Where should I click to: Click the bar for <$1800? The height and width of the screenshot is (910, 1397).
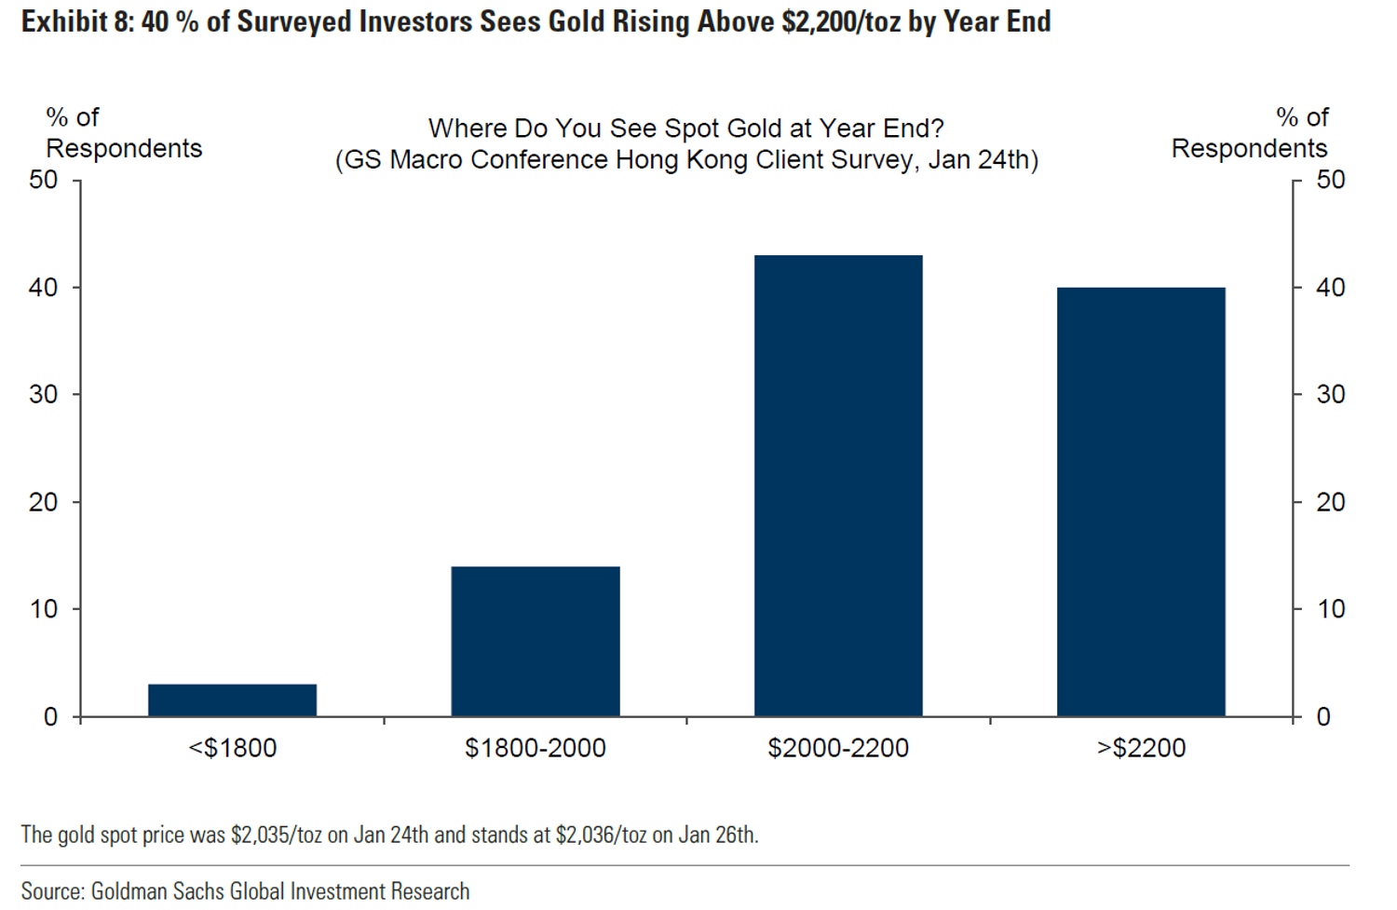point(232,700)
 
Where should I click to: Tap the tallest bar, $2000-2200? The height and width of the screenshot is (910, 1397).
point(838,485)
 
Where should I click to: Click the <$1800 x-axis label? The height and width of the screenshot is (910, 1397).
point(232,748)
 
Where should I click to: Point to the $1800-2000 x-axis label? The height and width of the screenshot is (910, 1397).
point(536,748)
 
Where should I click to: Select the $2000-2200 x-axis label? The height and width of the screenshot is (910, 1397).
point(838,748)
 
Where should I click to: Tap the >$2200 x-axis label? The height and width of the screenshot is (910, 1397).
point(1141,748)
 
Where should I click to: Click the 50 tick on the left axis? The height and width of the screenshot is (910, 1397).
point(44,180)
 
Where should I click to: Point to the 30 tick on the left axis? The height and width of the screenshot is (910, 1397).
point(44,395)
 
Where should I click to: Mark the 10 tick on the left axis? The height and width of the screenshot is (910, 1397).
point(44,609)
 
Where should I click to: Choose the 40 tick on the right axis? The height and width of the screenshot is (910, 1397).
point(1331,288)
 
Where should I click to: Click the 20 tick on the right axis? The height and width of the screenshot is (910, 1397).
point(1331,502)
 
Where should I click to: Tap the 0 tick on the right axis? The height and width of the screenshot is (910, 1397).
point(1323,717)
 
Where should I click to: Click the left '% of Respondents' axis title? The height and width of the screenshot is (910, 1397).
point(123,132)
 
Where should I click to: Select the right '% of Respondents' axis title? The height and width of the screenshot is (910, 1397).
point(1250,132)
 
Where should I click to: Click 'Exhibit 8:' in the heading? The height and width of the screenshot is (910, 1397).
point(78,20)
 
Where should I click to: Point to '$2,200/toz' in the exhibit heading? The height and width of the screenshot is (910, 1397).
point(841,20)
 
